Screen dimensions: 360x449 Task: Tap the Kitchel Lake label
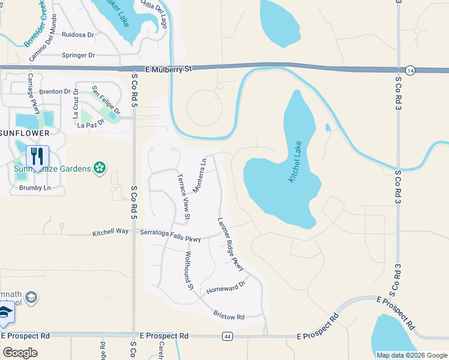[298, 162]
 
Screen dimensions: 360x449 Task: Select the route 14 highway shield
[409, 70]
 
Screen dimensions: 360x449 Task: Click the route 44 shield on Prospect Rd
[227, 335]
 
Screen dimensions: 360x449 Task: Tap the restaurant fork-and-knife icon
[37, 157]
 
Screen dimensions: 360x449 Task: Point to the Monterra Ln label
[199, 175]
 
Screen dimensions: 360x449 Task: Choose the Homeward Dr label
[226, 287]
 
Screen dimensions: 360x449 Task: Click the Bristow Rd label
[229, 315]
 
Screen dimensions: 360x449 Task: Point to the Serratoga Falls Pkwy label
[170, 235]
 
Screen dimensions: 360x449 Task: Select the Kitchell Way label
[110, 232]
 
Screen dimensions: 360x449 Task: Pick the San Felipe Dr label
[106, 100]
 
